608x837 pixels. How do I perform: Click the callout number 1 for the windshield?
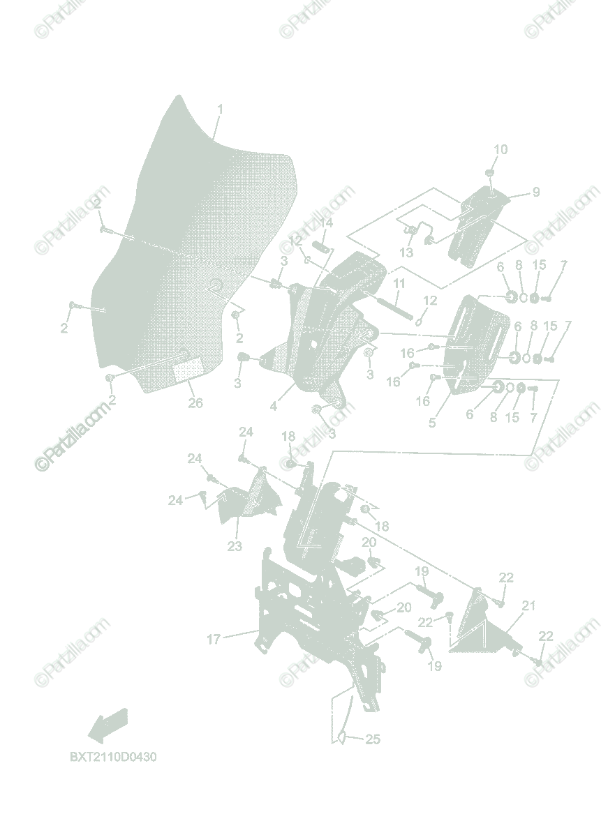tap(220, 110)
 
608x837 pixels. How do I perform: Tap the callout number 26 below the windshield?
tap(195, 402)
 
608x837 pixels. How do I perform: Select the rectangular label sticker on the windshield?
tap(186, 370)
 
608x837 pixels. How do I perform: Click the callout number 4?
tap(274, 405)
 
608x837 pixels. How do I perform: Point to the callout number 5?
tap(432, 422)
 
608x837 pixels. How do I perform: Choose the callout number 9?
tap(536, 193)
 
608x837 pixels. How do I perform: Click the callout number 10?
tap(501, 149)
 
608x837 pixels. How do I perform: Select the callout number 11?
tap(399, 284)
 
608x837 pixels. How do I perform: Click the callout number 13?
tap(407, 252)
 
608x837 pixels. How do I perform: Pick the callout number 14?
tap(326, 223)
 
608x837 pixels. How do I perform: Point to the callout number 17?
tap(214, 638)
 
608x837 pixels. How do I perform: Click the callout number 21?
tap(528, 606)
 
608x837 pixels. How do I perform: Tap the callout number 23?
tap(235, 545)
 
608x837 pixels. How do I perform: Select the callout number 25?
tap(373, 739)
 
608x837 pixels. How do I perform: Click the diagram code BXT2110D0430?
tap(112, 757)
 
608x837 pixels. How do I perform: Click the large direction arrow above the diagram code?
tap(108, 723)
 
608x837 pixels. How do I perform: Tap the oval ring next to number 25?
tap(343, 737)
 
